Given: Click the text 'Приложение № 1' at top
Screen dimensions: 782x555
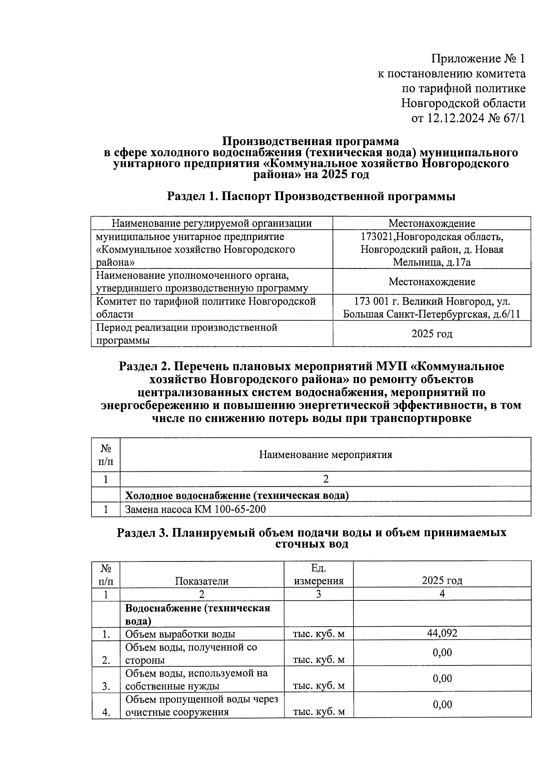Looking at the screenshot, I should coord(478,59).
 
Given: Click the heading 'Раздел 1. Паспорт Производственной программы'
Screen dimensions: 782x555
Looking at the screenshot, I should coord(311,196).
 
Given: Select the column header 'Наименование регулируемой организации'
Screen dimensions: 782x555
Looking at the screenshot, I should coord(212,224).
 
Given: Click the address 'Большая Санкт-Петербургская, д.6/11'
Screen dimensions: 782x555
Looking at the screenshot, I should coord(432,315).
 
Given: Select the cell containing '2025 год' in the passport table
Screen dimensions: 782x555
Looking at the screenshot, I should coord(432,334).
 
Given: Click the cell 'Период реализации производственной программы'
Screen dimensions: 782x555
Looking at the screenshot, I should coord(186,334).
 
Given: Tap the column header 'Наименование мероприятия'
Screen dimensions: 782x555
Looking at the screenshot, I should coord(325,455).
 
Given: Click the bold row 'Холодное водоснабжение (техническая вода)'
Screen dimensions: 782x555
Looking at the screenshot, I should coord(237,495).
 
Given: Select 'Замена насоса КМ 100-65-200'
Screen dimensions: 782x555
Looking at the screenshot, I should coord(196,510).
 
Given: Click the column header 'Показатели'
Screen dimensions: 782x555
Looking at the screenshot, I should coord(202,581).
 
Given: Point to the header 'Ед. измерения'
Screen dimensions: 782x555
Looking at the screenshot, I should coord(319,574).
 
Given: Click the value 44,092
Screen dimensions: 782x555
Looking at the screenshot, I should coord(442,633).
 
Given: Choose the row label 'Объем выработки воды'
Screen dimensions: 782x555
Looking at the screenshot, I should coord(180,634).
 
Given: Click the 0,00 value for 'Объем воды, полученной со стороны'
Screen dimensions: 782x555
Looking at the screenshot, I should coord(442,653).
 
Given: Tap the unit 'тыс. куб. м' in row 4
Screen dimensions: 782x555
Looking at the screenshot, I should coord(319,712).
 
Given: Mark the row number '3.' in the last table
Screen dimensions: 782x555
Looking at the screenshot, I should coord(106,686).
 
